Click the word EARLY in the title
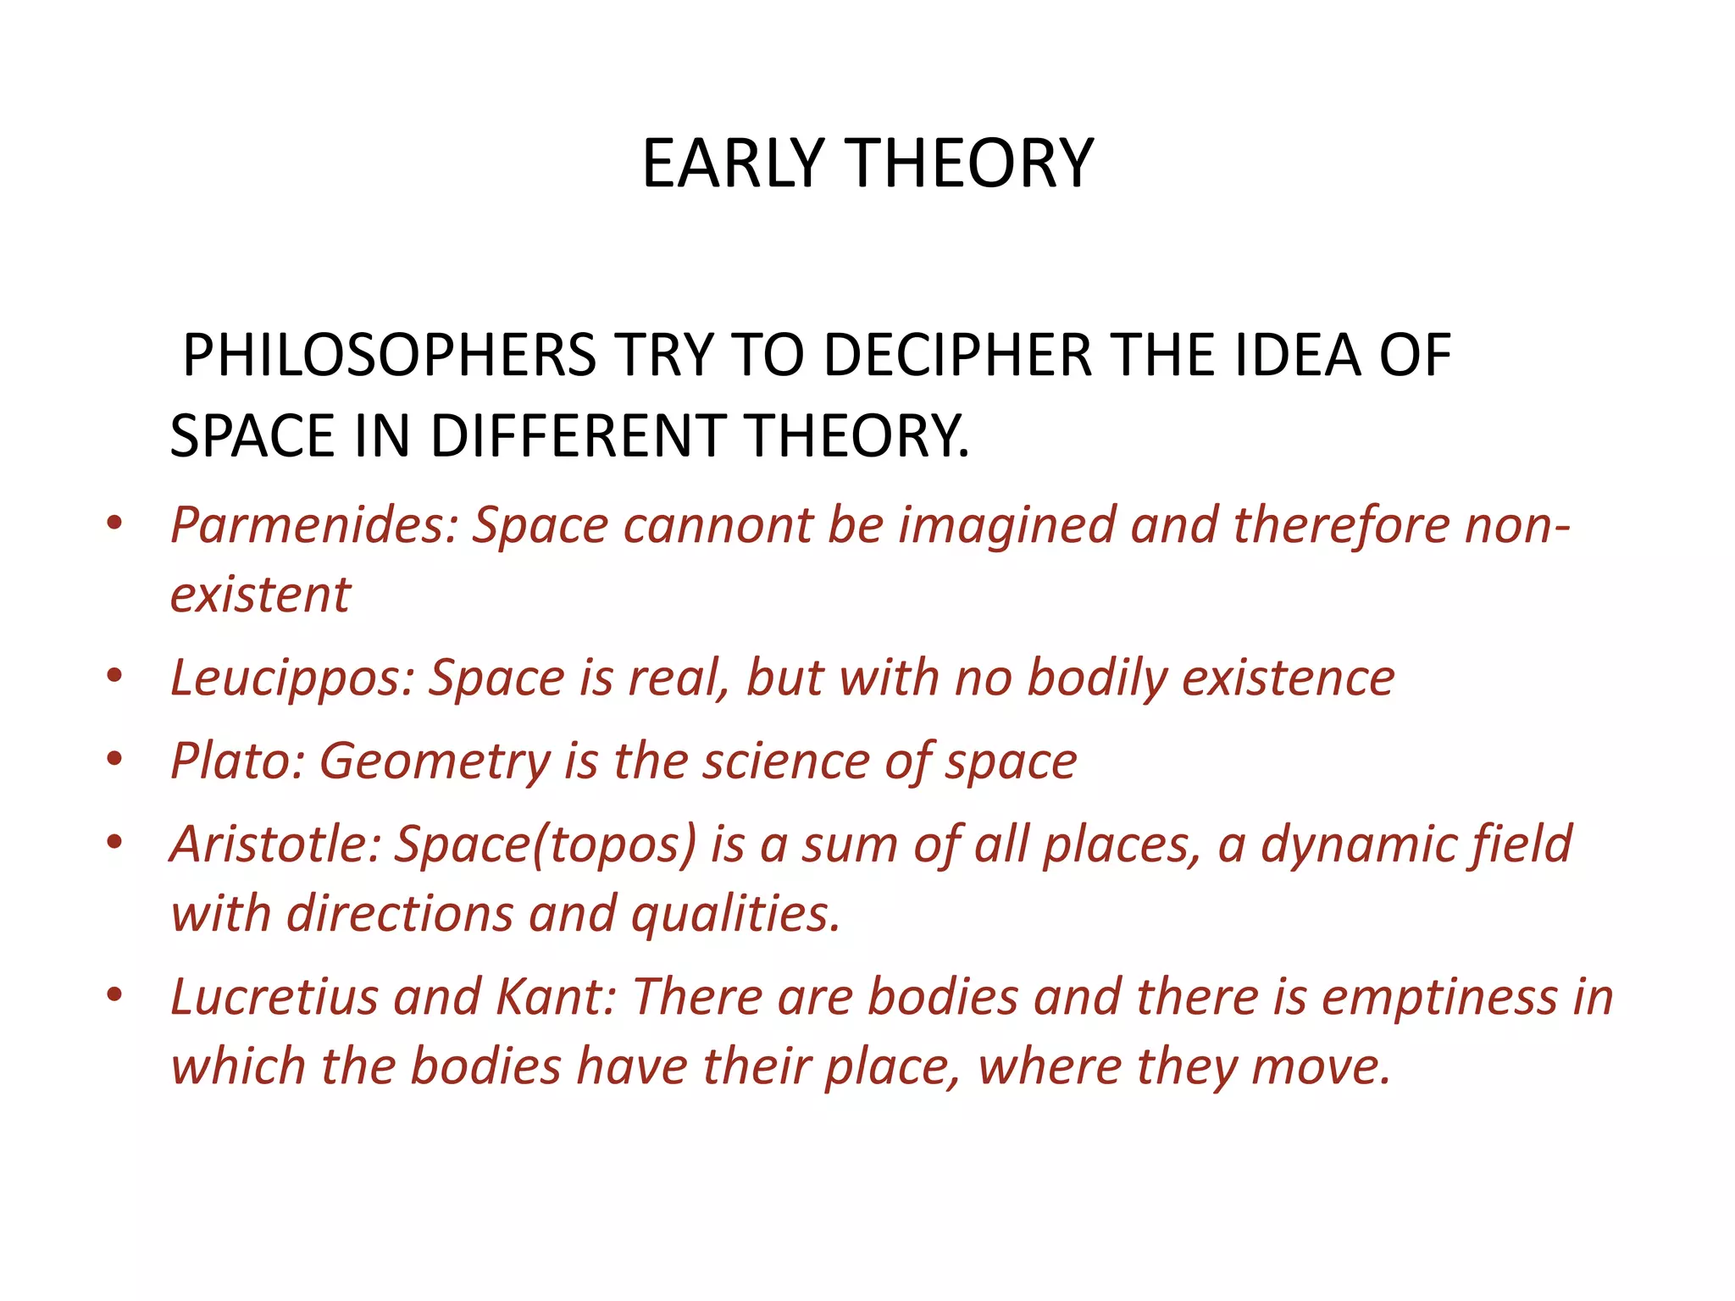coord(733,163)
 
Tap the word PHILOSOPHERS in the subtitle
coord(389,355)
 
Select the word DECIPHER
coord(957,355)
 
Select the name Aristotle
coord(275,844)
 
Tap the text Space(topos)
coord(546,845)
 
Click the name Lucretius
coord(274,996)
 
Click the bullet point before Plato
coord(115,759)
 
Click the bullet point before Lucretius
coord(115,994)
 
